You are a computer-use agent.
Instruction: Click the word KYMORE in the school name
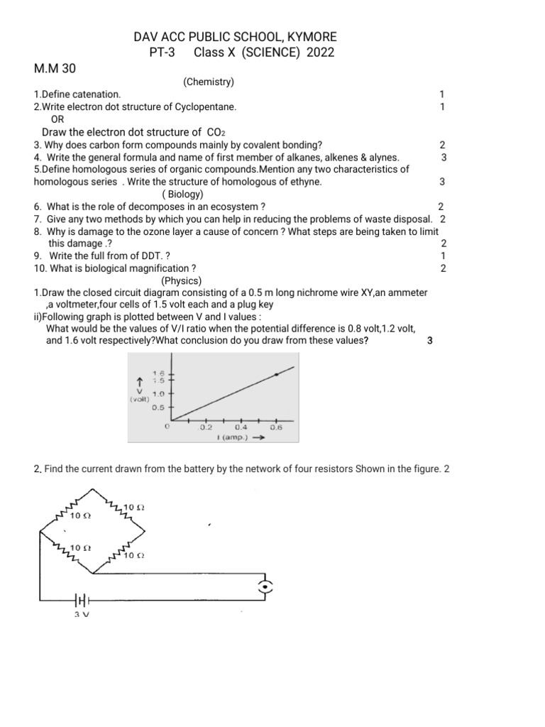point(309,36)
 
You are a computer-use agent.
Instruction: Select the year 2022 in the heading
point(320,53)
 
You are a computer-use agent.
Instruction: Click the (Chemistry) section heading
point(209,82)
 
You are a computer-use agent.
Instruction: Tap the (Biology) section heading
point(183,194)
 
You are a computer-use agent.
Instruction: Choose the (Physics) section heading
point(184,280)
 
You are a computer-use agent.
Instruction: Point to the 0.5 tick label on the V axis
point(158,407)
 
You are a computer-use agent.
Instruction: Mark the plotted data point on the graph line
point(276,374)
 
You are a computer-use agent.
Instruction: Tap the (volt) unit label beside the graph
point(139,399)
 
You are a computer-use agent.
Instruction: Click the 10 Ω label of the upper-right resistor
point(134,507)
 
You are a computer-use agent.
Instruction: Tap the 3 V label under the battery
point(81,615)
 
